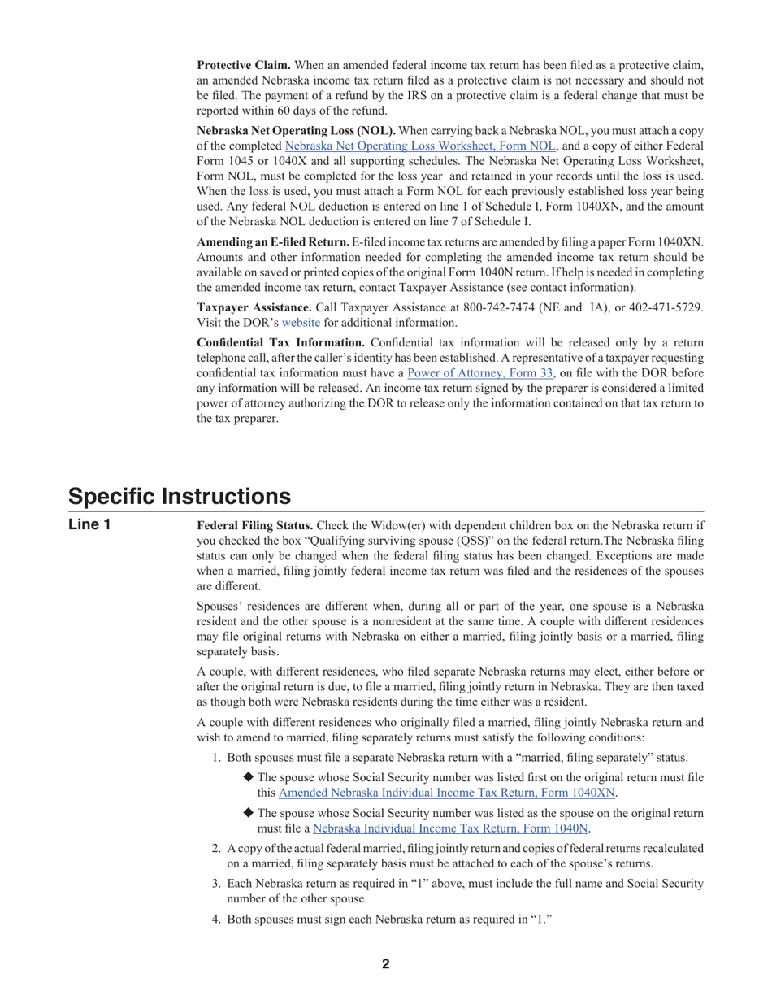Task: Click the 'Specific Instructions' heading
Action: tap(179, 496)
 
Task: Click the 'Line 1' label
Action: tap(89, 525)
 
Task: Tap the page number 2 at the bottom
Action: tap(386, 964)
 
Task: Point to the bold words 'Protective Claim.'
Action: tap(244, 65)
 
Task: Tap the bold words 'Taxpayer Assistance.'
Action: tap(254, 307)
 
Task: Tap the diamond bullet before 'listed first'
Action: tap(249, 777)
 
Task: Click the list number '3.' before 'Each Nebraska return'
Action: tap(216, 883)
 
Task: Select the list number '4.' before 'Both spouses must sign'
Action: tap(216, 920)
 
